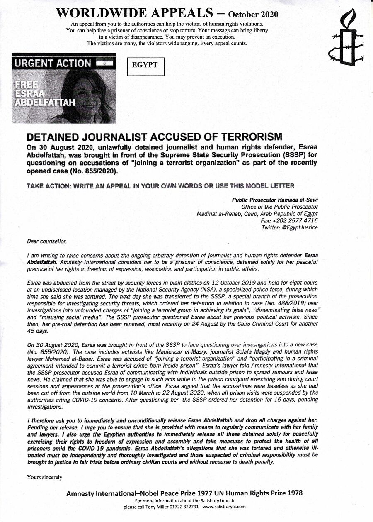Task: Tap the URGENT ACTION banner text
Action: tap(53, 63)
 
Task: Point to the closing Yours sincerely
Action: tap(44, 477)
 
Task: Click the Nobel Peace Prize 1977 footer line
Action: tap(184, 493)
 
